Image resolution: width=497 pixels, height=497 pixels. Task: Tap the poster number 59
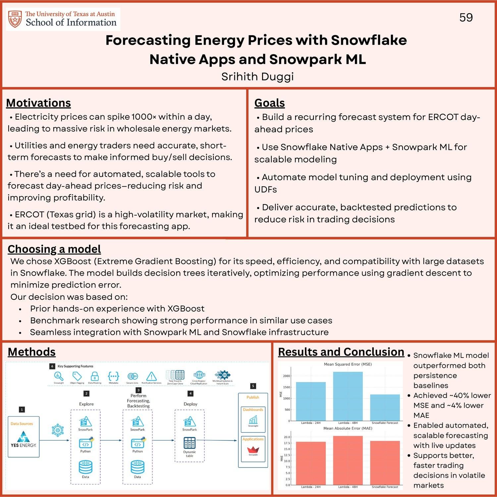pos(466,18)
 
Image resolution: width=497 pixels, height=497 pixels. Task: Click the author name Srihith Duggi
pos(257,77)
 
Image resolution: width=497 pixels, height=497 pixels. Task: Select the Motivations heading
pos(38,103)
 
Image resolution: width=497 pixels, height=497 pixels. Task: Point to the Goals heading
pos(269,103)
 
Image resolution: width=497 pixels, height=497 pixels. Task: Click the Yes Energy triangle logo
pos(23,436)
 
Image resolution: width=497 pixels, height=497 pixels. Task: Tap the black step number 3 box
pos(138,390)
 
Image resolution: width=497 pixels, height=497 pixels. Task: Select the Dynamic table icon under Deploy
pos(190,443)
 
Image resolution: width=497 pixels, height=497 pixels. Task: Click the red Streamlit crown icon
pos(253,450)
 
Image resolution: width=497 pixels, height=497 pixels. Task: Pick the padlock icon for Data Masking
pos(95,376)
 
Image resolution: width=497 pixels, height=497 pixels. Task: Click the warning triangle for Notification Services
pos(151,376)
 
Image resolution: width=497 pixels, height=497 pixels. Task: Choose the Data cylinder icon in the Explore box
pos(85,467)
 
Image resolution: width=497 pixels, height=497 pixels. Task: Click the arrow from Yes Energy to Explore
pos(55,440)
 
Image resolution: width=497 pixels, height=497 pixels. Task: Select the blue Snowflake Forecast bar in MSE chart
pos(385,408)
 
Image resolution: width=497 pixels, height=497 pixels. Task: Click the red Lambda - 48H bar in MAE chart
pos(348,461)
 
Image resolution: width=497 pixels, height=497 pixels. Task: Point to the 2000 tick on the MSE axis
pos(286,376)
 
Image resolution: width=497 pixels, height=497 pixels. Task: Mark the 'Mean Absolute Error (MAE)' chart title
pos(348,428)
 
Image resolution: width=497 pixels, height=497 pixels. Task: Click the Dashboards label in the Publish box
pos(253,410)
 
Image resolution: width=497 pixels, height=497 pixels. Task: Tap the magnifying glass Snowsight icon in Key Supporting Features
pos(59,376)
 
